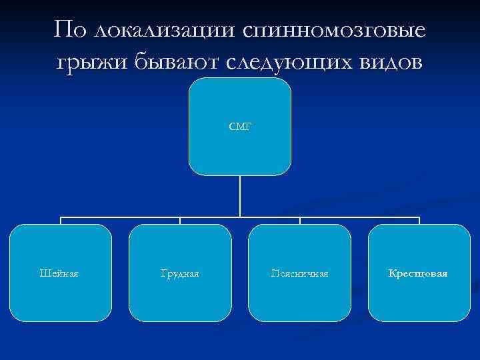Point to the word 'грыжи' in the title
point(89,64)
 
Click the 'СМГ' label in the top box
point(240,125)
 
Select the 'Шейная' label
point(59,273)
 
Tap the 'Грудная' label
point(180,273)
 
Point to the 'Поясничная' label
point(299,273)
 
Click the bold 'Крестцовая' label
point(419,273)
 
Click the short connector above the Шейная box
point(61,221)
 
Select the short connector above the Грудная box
point(180,221)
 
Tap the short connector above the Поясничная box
point(300,221)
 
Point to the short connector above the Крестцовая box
point(419,221)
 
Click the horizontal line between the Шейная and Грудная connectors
point(120,217)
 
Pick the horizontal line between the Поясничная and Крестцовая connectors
point(360,217)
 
